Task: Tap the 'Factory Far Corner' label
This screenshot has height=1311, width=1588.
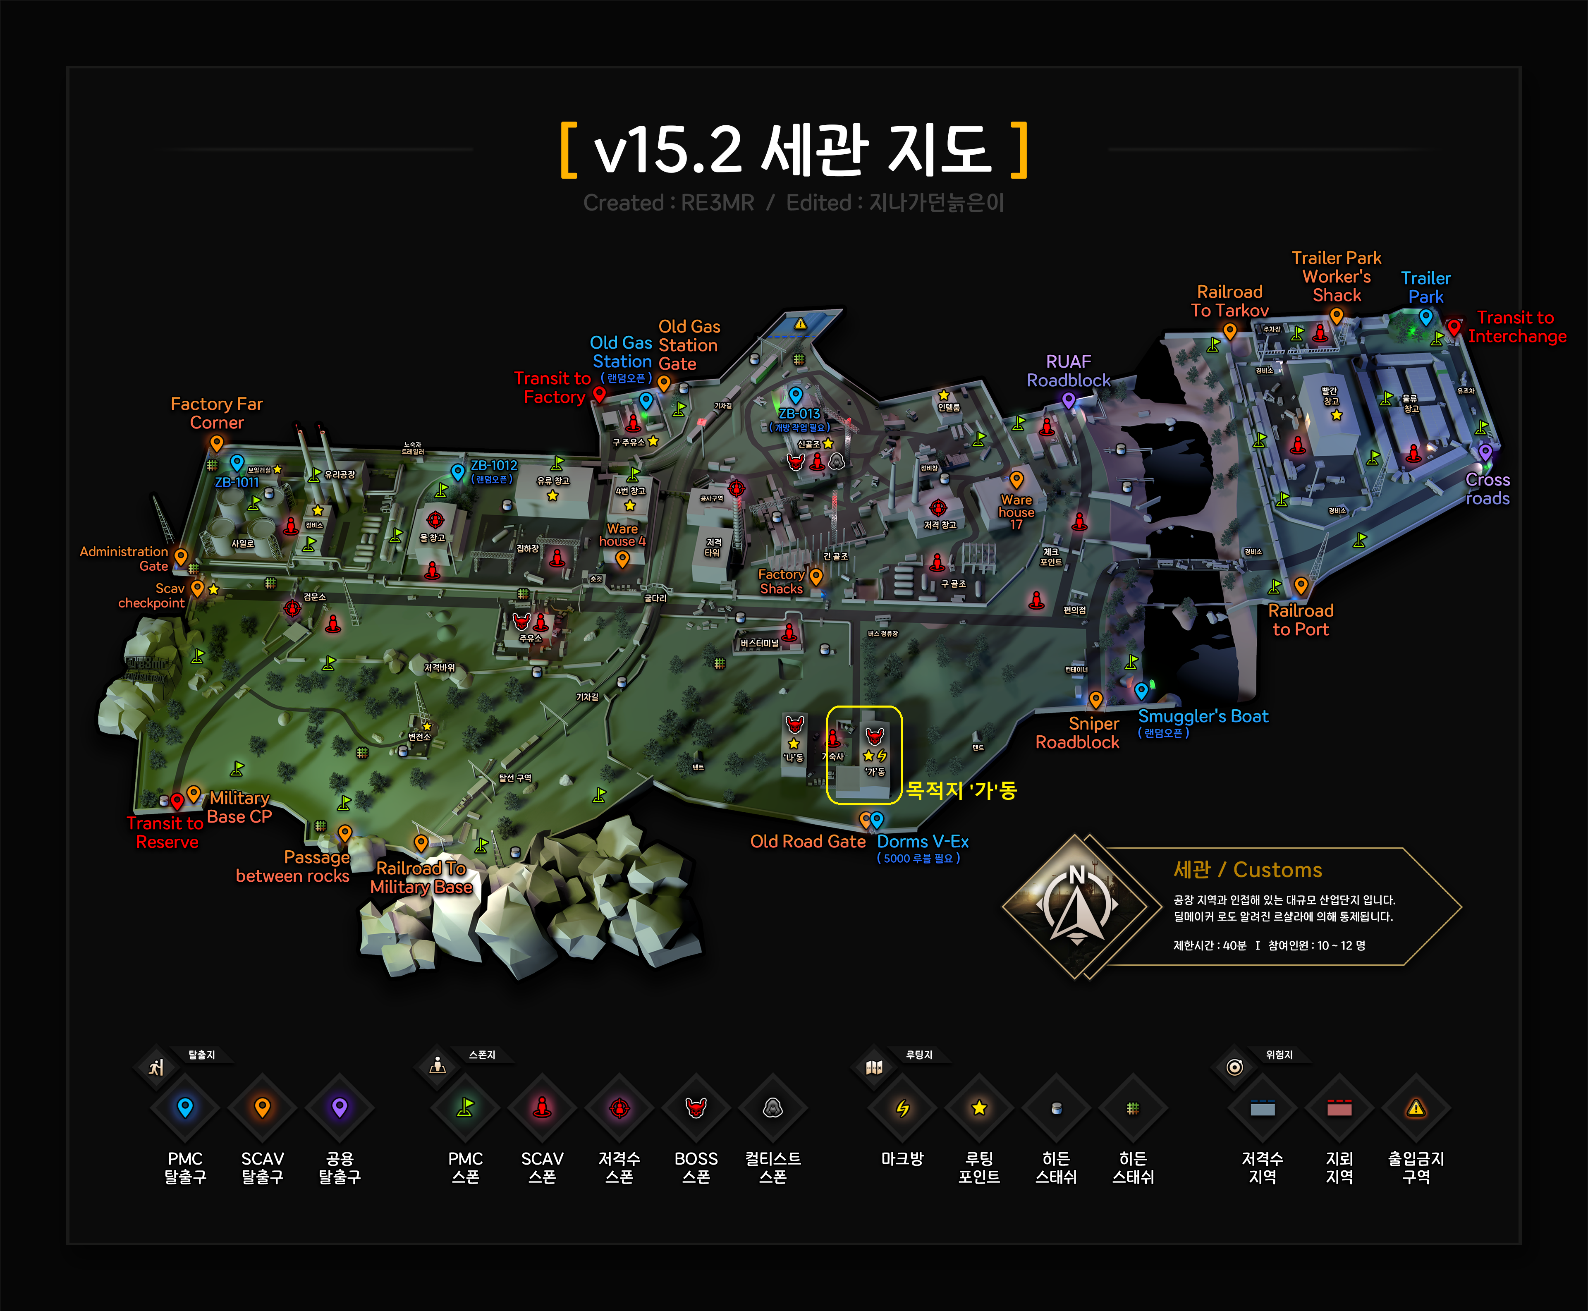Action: (217, 413)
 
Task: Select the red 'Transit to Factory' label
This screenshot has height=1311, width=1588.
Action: (553, 388)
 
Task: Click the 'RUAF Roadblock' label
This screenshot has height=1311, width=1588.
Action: (1068, 371)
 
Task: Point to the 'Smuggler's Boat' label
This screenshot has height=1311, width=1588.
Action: (1203, 716)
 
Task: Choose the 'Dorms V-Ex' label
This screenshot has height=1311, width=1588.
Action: (922, 841)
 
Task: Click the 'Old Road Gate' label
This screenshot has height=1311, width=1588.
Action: (807, 841)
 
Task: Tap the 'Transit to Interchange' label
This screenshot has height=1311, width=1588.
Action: (1516, 327)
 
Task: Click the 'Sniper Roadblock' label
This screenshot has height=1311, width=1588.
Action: (1078, 732)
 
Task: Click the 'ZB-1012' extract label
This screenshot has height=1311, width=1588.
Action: (494, 465)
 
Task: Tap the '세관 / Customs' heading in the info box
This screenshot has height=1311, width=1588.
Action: (1247, 870)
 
